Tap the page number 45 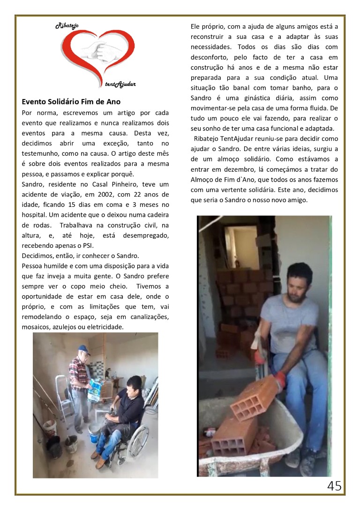tap(334, 486)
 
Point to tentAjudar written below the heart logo tap(120, 84)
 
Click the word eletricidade tap(105, 327)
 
